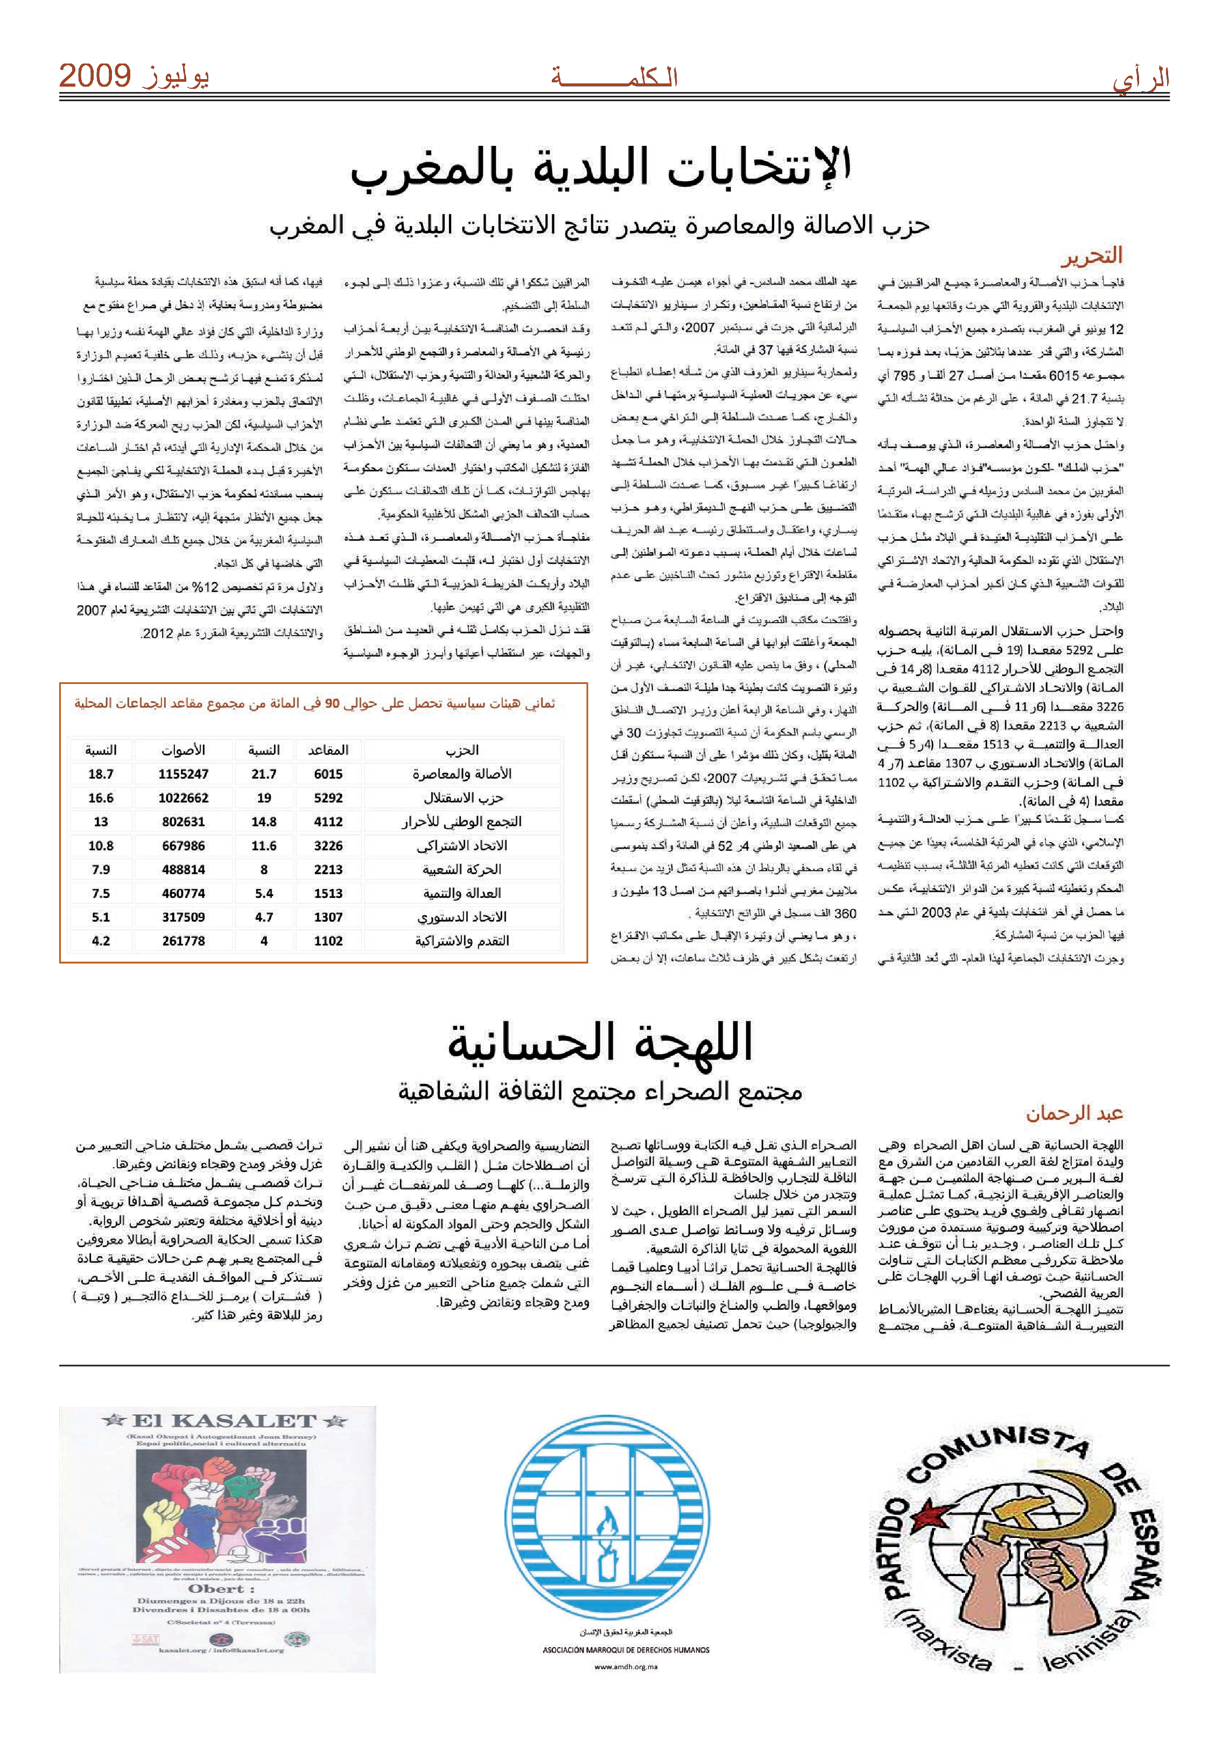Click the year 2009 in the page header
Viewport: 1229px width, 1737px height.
point(95,76)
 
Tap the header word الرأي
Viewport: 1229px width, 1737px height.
point(1141,79)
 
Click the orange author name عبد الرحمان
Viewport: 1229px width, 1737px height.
point(1074,1114)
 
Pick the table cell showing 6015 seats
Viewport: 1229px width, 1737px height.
point(328,774)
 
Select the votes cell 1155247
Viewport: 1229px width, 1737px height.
point(183,774)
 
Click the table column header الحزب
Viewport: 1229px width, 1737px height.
point(462,750)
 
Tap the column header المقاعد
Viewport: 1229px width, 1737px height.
point(328,750)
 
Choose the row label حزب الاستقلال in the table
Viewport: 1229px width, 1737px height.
point(462,798)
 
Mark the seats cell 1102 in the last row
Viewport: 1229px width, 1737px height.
point(328,941)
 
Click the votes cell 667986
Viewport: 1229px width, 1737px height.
point(183,846)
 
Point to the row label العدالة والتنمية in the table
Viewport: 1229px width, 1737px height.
point(462,893)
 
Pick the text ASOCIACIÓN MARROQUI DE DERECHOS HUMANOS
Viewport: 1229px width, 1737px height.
point(626,1650)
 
